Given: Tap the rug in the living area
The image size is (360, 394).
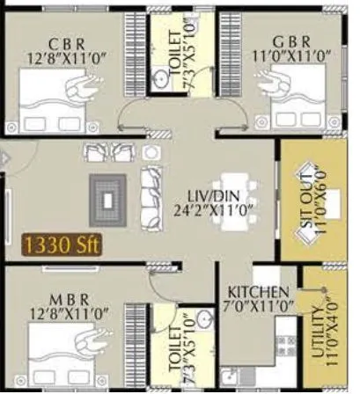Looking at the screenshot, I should (108, 199).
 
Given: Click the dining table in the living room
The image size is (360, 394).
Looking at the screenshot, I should (242, 199).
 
